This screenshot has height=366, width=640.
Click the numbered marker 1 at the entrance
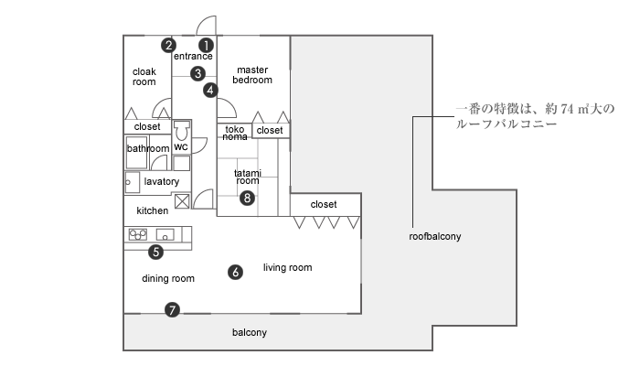coord(206,45)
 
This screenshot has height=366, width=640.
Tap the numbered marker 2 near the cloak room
coord(168,45)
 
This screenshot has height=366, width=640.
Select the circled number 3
coord(198,73)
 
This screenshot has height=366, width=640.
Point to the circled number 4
coord(210,90)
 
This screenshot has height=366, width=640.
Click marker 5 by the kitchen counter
coord(156,252)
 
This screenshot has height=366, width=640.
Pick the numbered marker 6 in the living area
coord(236,272)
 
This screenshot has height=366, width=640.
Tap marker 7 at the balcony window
coord(172,310)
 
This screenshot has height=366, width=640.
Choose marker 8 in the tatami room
coord(247,199)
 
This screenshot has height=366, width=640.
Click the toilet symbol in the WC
coord(181,131)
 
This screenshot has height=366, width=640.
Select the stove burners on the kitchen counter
coord(138,234)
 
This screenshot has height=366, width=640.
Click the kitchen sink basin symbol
coord(165,235)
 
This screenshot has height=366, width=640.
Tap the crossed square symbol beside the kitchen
coord(182,201)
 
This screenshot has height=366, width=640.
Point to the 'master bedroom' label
coord(252,75)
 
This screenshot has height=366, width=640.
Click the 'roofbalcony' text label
coord(435,236)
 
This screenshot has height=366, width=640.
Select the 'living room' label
coord(288,267)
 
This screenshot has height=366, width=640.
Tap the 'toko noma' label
coord(235,134)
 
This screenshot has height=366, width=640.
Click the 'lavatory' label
coord(162,181)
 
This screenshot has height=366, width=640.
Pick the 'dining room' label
coord(168,278)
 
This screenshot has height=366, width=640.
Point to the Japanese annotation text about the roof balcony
coord(535,116)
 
